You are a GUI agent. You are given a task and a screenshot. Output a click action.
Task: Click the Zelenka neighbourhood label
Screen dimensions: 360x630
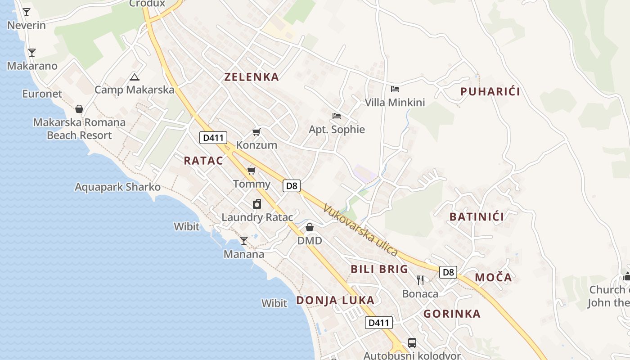pyautogui.click(x=252, y=77)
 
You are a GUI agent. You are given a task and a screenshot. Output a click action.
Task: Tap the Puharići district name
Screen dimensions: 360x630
pyautogui.click(x=490, y=92)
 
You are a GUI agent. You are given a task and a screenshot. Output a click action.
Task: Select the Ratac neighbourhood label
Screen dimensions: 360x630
pyautogui.click(x=203, y=161)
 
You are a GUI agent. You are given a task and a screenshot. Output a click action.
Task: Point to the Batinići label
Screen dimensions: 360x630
pyautogui.click(x=477, y=217)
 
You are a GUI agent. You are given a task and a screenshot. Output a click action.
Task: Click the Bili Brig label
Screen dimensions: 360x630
pyautogui.click(x=379, y=270)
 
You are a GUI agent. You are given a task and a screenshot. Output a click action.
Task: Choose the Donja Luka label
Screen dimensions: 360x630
pyautogui.click(x=335, y=301)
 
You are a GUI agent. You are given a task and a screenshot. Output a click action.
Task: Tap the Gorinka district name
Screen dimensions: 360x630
pyautogui.click(x=452, y=314)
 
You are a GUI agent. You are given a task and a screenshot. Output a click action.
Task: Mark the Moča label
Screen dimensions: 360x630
pyautogui.click(x=494, y=278)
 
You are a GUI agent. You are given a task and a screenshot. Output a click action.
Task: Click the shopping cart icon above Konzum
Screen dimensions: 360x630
pyautogui.click(x=256, y=132)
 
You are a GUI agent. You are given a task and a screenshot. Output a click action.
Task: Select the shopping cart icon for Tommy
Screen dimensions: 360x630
pyautogui.click(x=251, y=171)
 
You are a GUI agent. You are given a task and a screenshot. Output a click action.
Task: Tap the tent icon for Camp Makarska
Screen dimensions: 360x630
pyautogui.click(x=134, y=77)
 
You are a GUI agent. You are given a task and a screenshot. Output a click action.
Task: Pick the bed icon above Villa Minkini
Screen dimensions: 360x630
pyautogui.click(x=395, y=89)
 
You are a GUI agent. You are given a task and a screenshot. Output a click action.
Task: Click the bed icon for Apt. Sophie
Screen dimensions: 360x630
pyautogui.click(x=336, y=116)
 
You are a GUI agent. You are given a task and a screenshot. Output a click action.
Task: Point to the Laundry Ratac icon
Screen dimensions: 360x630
pyautogui.click(x=257, y=204)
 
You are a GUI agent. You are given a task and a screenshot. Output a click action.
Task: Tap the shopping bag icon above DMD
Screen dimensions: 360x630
pyautogui.click(x=310, y=227)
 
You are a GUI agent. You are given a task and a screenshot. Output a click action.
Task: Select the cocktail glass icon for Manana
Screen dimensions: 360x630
pyautogui.click(x=243, y=241)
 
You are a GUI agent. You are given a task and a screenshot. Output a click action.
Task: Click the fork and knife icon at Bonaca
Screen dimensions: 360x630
pyautogui.click(x=420, y=280)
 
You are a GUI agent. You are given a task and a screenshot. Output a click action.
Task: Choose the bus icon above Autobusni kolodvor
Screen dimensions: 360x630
pyautogui.click(x=412, y=343)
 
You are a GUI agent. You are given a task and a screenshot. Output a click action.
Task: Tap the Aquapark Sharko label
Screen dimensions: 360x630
pyautogui.click(x=117, y=187)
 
